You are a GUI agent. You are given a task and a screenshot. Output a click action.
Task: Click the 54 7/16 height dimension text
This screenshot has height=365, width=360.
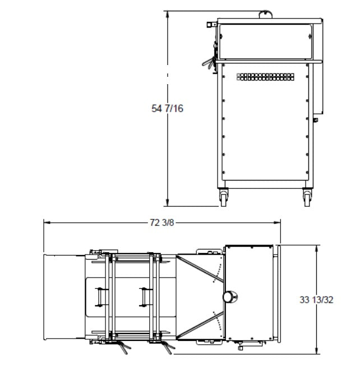pyautogui.click(x=167, y=108)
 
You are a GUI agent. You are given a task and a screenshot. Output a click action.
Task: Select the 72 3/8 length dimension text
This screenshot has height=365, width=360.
pyautogui.click(x=162, y=223)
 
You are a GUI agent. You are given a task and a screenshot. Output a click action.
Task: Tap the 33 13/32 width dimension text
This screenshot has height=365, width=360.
pyautogui.click(x=316, y=299)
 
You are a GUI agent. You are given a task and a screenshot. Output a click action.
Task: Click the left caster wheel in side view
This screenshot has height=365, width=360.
pyautogui.click(x=224, y=197)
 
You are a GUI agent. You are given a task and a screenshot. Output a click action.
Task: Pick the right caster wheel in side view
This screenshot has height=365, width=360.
pyautogui.click(x=307, y=197)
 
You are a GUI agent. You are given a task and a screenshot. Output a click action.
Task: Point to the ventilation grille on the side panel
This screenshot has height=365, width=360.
pyautogui.click(x=265, y=77)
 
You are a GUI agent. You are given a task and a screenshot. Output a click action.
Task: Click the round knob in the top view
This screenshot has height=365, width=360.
pyautogui.click(x=230, y=297)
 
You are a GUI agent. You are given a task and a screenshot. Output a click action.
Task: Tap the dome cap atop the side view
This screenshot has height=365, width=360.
pyautogui.click(x=266, y=14)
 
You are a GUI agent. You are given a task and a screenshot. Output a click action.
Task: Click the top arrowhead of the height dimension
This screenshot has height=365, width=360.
pyautogui.click(x=167, y=14)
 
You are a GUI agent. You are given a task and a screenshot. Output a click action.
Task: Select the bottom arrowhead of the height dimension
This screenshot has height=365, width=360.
pyautogui.click(x=167, y=203)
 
